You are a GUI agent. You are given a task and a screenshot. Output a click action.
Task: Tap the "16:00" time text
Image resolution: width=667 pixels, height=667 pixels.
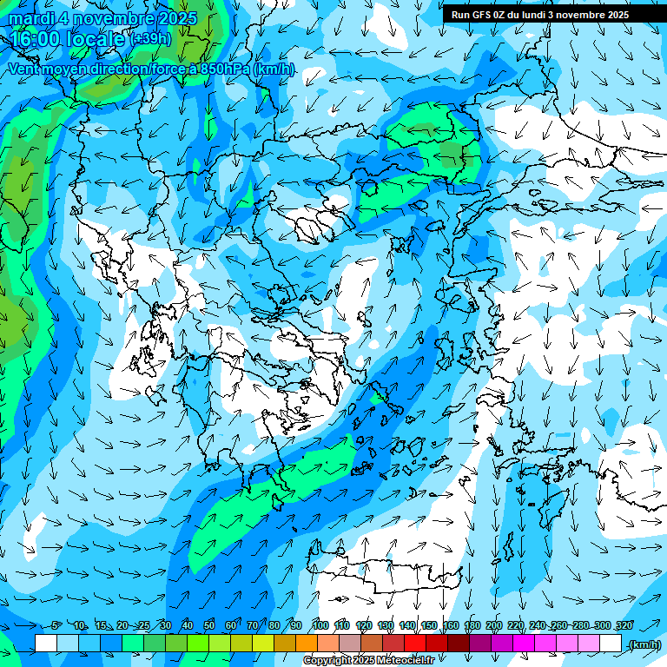point(36,38)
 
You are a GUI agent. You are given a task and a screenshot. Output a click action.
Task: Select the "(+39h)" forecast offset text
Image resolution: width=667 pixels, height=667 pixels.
point(151,39)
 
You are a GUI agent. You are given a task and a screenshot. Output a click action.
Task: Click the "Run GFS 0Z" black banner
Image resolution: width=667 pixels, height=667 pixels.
point(539,15)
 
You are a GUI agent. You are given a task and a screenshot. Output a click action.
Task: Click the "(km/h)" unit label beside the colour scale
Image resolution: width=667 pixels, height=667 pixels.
point(644,644)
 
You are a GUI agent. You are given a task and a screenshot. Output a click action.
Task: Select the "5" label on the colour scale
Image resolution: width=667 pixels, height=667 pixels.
point(56,626)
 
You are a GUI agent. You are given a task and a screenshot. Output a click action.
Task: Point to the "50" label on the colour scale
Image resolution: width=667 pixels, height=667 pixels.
point(209,626)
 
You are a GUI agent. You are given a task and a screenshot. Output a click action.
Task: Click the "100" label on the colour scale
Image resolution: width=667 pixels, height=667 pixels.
point(320,626)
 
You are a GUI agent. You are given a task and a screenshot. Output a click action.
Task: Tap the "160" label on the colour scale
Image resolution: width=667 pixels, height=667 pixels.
point(451,626)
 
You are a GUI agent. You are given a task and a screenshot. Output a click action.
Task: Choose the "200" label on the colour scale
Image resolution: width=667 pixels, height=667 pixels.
point(494,626)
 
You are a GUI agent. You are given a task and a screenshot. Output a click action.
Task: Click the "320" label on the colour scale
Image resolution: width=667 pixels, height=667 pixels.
point(624,626)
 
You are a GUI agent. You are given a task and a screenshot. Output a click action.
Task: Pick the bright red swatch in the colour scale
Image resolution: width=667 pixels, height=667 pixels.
point(415,644)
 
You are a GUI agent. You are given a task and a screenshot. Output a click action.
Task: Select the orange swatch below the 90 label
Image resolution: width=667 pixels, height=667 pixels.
point(307,644)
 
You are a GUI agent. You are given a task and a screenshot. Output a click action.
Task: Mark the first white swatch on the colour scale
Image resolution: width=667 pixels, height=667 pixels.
point(46,644)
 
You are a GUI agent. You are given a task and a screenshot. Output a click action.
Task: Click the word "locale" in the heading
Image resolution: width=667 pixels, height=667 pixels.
point(96,38)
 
